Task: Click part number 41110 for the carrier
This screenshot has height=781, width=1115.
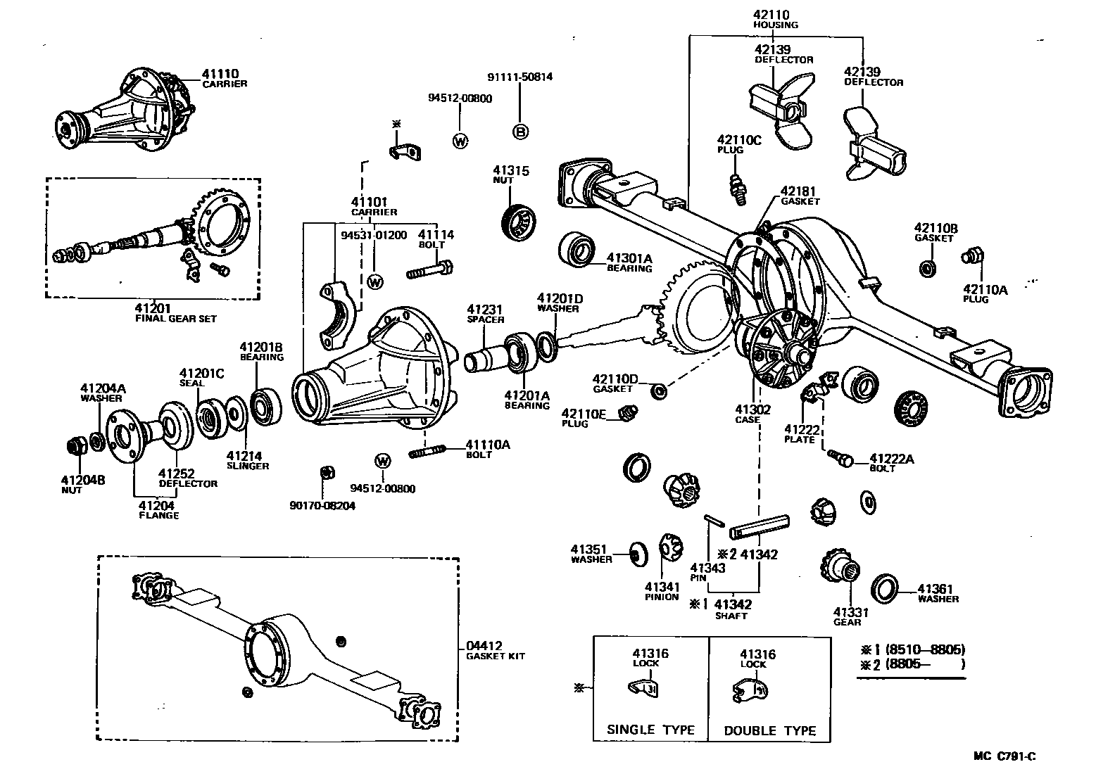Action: coord(220,73)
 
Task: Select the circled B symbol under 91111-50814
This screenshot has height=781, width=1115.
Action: coord(520,132)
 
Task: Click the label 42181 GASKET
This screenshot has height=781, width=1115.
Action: coord(800,195)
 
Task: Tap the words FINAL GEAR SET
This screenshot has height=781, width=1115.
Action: coord(175,318)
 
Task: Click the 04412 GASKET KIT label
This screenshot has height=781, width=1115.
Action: coord(495,650)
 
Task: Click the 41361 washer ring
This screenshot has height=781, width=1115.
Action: coord(885,588)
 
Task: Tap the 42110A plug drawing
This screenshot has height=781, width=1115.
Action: coord(973,257)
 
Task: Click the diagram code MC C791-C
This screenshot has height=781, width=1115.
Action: coord(1004,756)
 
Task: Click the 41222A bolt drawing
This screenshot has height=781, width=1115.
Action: coord(839,457)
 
